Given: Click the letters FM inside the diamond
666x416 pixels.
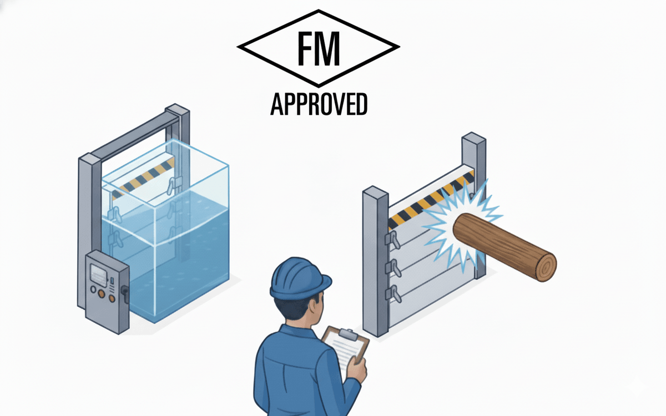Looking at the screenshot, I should click(x=318, y=48).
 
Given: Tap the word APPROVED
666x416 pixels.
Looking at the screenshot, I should click(x=319, y=104).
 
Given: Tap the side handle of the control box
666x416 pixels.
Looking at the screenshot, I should click(x=126, y=293).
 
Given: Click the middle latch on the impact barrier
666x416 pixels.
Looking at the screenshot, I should click(x=395, y=265).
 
